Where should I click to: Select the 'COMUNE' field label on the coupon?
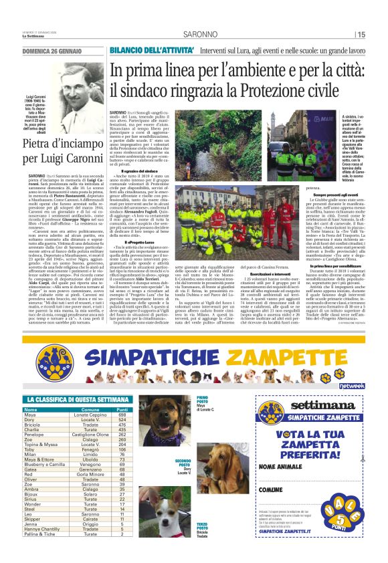[x=271, y=490]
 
